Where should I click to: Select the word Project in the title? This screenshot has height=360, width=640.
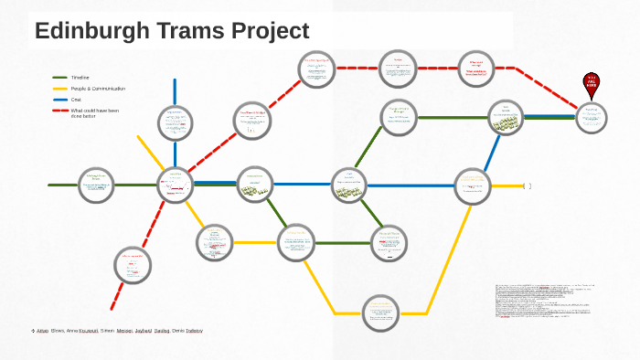pyautogui.click(x=267, y=31)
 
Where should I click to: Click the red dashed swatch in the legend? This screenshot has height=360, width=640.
pyautogui.click(x=60, y=111)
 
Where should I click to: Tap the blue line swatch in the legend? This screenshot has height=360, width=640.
pyautogui.click(x=60, y=100)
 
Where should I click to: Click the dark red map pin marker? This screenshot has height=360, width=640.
pyautogui.click(x=592, y=84)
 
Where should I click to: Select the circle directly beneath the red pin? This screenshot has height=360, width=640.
pyautogui.click(x=592, y=116)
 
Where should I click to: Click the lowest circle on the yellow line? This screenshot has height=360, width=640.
pyautogui.click(x=380, y=313)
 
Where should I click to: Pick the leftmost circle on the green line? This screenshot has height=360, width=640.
pyautogui.click(x=96, y=185)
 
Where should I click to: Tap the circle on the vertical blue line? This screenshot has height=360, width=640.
pyautogui.click(x=175, y=122)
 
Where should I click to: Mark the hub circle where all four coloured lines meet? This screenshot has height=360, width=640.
pyautogui.click(x=175, y=185)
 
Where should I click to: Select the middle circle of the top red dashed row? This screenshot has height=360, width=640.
pyautogui.click(x=399, y=69)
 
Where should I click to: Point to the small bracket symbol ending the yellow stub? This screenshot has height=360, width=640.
pyautogui.click(x=528, y=186)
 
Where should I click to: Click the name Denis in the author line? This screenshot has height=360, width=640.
pyautogui.click(x=179, y=330)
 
